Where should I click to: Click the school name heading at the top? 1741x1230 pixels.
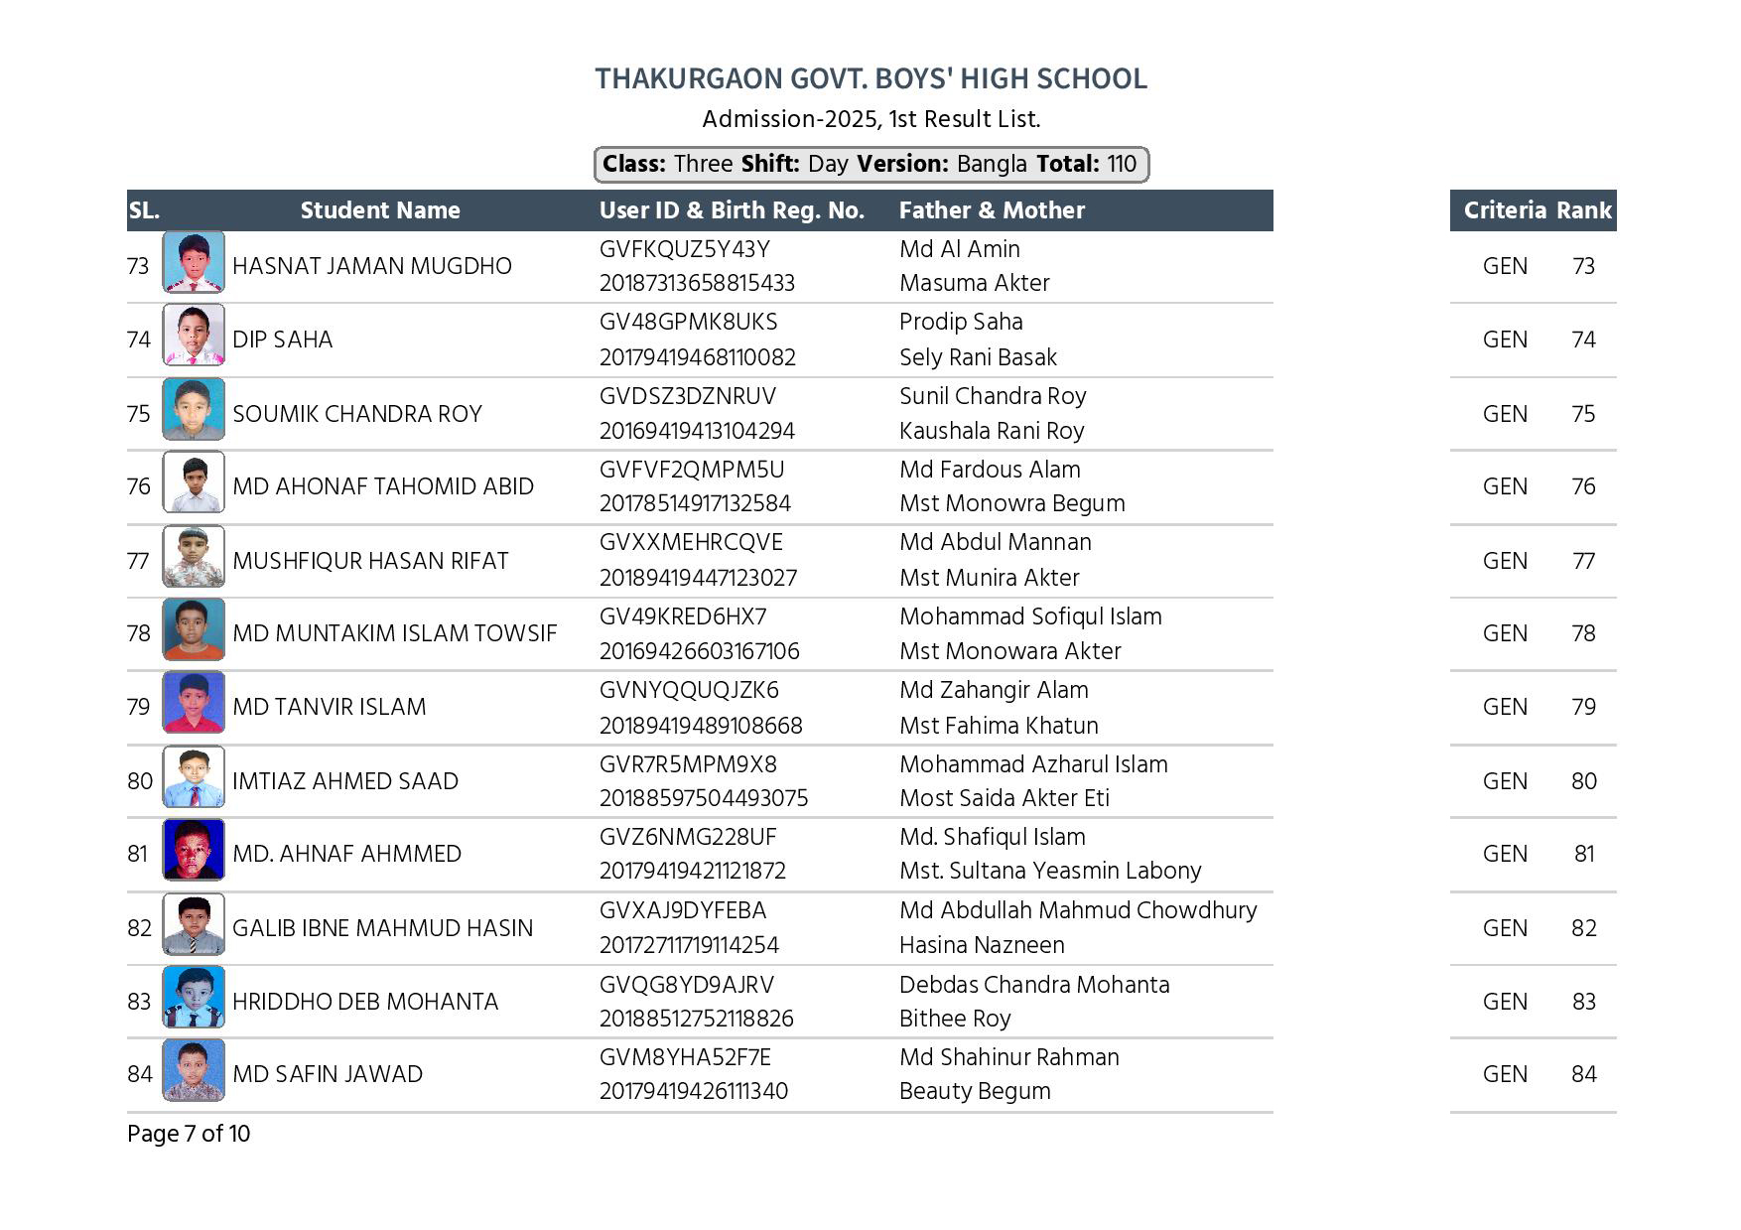(870, 78)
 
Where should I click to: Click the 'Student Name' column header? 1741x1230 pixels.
(380, 210)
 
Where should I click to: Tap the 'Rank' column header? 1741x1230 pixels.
(1583, 210)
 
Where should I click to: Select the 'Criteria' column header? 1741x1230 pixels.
(1505, 210)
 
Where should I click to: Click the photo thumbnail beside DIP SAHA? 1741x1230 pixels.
(194, 340)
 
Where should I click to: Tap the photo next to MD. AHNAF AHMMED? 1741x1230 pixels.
(194, 854)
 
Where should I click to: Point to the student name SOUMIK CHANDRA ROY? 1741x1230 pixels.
(357, 414)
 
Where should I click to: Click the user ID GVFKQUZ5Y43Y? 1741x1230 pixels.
(685, 249)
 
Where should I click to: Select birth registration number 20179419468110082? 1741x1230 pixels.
(698, 357)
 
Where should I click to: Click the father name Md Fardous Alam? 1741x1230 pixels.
(990, 470)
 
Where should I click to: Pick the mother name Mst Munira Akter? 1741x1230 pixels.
(990, 578)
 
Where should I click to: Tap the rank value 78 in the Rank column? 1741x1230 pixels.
(1583, 633)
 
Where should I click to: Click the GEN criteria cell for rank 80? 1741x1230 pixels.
(1505, 781)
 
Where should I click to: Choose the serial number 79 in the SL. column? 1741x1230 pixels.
(139, 707)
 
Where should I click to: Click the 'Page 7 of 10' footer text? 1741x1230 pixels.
(189, 1134)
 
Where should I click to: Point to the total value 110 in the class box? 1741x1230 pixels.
(1122, 164)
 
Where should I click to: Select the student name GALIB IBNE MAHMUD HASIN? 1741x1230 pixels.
(382, 928)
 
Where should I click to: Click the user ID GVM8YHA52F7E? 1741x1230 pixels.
(685, 1057)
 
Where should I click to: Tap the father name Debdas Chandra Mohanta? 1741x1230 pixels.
(1034, 985)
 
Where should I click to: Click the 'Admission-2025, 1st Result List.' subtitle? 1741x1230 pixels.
(870, 119)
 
